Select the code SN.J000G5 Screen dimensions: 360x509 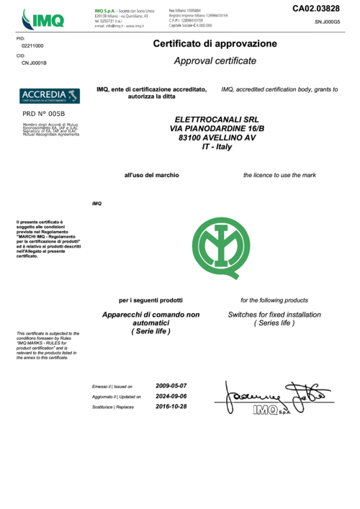tap(327, 22)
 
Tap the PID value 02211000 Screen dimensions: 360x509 tap(32, 45)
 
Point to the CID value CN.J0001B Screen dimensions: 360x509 tap(34, 63)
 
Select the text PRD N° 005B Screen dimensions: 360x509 tap(43, 114)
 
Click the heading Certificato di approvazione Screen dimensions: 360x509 tap(215, 44)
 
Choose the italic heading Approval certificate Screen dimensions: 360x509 tap(215, 61)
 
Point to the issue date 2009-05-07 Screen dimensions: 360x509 tap(171, 385)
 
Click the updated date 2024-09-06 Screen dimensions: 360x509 tap(171, 396)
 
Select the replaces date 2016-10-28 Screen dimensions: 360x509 tap(171, 406)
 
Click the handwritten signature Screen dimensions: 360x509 tap(274, 396)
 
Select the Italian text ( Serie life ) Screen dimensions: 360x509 tap(151, 332)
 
